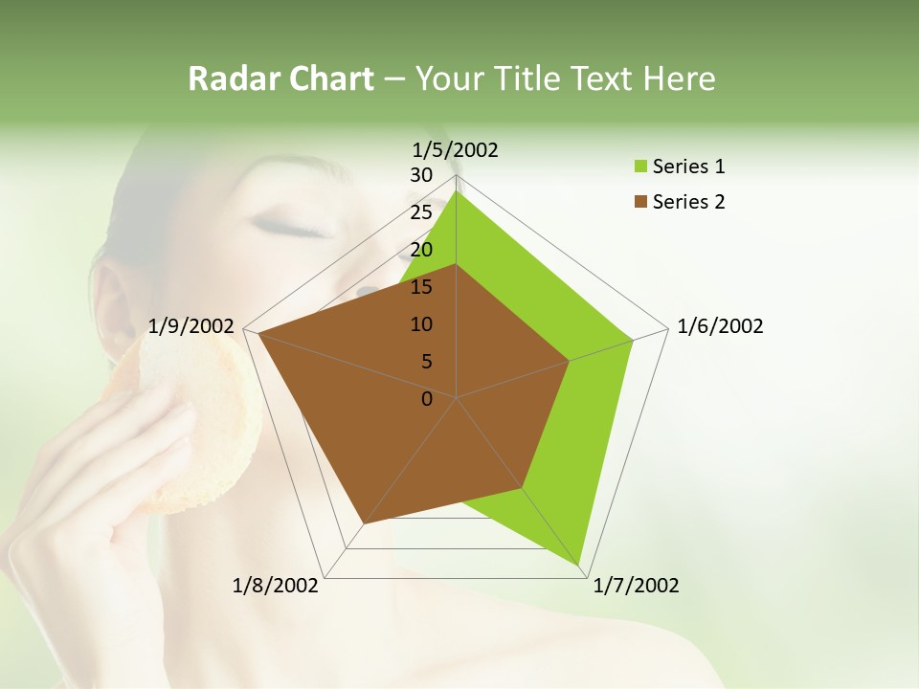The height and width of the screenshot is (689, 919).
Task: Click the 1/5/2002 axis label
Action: pos(456,149)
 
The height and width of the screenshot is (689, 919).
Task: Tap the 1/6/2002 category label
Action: pos(720,326)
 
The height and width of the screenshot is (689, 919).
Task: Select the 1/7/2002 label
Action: pos(636,586)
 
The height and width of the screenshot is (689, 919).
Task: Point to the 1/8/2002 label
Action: pos(276,586)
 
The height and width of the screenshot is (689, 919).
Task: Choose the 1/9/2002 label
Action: pos(191,326)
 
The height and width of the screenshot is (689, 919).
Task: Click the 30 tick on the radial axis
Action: pos(421,175)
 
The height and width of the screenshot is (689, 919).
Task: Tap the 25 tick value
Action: pos(421,212)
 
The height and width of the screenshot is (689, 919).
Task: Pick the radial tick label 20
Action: pos(421,250)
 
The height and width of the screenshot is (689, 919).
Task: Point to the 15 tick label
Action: pos(421,287)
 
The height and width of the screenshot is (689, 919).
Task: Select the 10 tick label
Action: pos(421,324)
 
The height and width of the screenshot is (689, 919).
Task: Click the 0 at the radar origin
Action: pos(427,398)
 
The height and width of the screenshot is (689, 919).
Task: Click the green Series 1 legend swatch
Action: pos(638,167)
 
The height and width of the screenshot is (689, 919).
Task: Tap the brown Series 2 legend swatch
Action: pos(638,202)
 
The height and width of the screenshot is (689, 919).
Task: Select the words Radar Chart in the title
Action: pos(280,78)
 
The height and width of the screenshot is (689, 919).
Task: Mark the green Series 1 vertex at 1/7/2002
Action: pos(579,566)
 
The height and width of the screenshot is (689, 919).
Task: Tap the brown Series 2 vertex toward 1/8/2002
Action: pos(364,523)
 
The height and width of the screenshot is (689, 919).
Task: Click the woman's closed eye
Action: pos(298,228)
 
